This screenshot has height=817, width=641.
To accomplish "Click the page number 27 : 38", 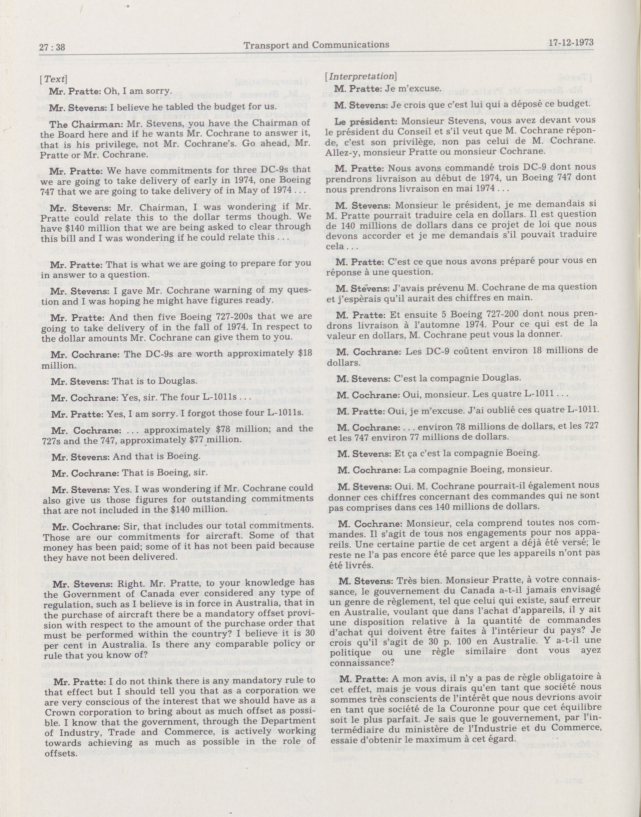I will tap(52, 47).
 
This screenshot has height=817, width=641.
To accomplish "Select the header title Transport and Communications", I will tap(316, 45).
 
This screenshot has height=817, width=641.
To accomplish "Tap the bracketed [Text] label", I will tap(53, 79).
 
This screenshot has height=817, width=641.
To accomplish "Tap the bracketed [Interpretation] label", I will tap(361, 76).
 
